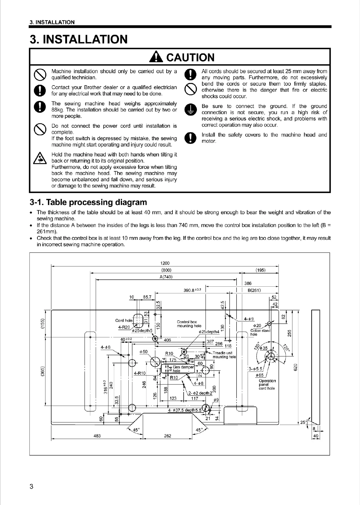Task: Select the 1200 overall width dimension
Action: pyautogui.click(x=166, y=263)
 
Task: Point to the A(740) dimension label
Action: pyautogui.click(x=166, y=277)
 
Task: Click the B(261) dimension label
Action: pyautogui.click(x=254, y=290)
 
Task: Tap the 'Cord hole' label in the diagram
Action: pyautogui.click(x=124, y=320)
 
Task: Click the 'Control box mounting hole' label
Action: pyautogui.click(x=189, y=324)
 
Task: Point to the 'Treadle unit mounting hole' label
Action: pyautogui.click(x=224, y=355)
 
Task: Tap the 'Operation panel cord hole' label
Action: pyautogui.click(x=267, y=384)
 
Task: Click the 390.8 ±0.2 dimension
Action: pyautogui.click(x=192, y=290)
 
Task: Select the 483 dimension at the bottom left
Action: pyautogui.click(x=97, y=436)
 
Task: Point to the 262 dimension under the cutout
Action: pyautogui.click(x=167, y=436)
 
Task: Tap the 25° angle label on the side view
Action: pyautogui.click(x=303, y=422)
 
